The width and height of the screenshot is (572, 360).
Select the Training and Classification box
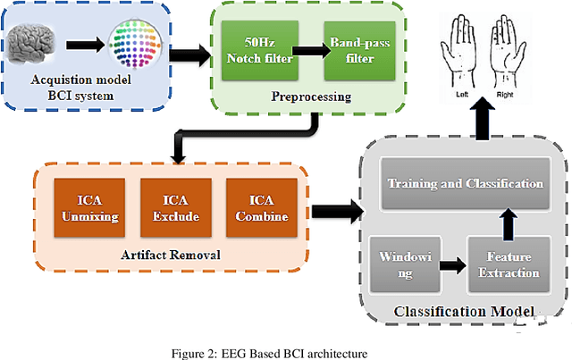point(465,183)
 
